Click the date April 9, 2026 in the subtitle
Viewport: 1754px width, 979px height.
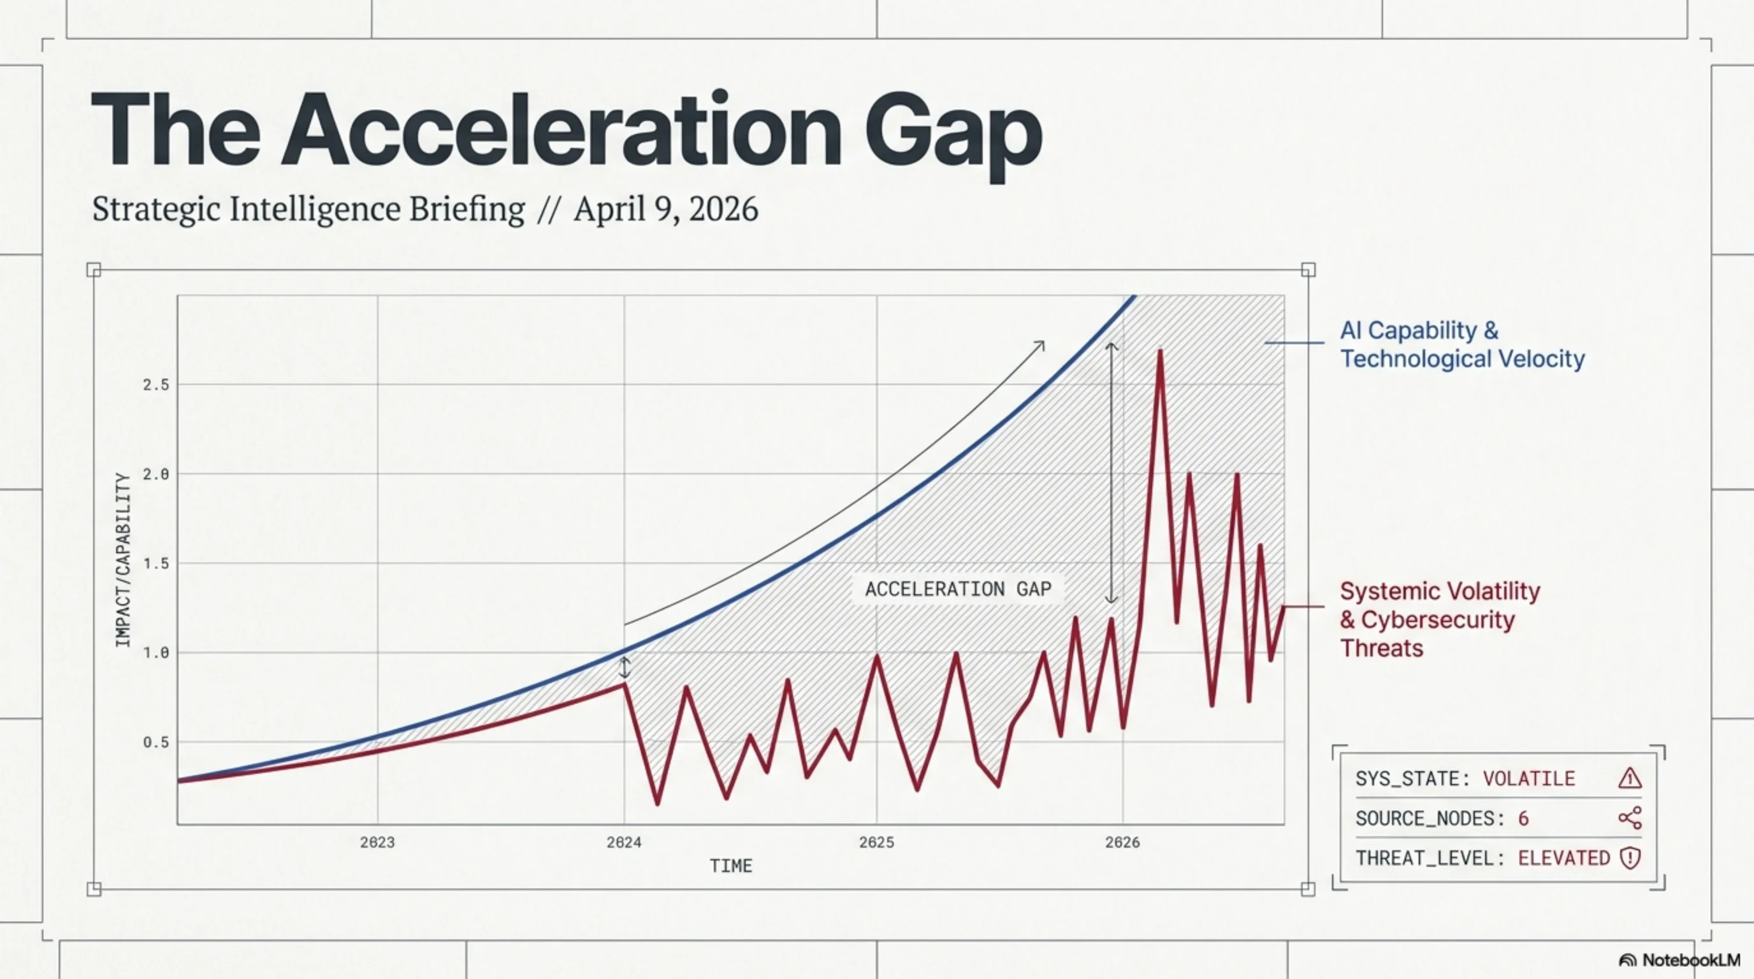tap(665, 209)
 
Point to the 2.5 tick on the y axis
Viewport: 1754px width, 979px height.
tap(156, 386)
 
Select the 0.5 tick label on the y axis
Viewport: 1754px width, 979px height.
tap(156, 743)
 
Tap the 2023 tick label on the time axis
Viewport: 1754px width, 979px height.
tap(377, 843)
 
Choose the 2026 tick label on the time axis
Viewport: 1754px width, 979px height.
tap(1122, 843)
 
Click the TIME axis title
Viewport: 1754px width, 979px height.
tap(730, 867)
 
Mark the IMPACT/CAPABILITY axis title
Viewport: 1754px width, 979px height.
tap(122, 560)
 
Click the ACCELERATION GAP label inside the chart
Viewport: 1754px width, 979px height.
tap(958, 590)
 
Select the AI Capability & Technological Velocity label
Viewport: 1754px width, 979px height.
tap(1462, 344)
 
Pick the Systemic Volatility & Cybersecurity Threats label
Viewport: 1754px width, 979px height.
tap(1439, 620)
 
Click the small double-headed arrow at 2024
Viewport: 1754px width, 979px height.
tap(625, 667)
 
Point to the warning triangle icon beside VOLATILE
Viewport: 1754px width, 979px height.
tap(1629, 778)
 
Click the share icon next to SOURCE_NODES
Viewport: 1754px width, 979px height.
tap(1629, 818)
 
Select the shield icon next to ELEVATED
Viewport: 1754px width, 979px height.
tap(1629, 858)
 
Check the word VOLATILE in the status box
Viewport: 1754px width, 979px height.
tap(1528, 779)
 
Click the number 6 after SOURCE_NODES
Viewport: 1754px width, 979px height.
tap(1523, 818)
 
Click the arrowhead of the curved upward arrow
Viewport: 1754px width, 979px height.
tap(1040, 345)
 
